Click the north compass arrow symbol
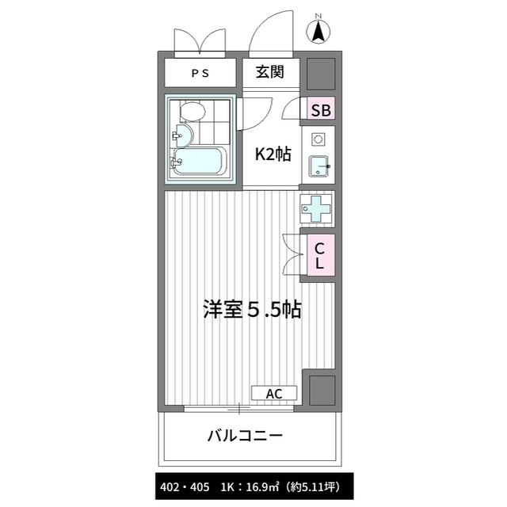point(318,31)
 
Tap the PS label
point(200,74)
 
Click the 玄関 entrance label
point(270,72)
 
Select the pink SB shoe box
point(321,108)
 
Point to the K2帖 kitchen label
point(273,154)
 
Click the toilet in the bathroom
point(193,111)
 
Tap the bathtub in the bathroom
point(199,162)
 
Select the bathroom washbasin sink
point(183,135)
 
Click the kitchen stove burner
point(318,139)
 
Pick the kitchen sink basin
point(318,166)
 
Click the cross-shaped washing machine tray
point(315,208)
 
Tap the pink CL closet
point(320,255)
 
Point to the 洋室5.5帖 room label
point(252,310)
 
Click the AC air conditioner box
point(274,393)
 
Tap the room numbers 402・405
point(185,487)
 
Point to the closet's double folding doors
point(293,255)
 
